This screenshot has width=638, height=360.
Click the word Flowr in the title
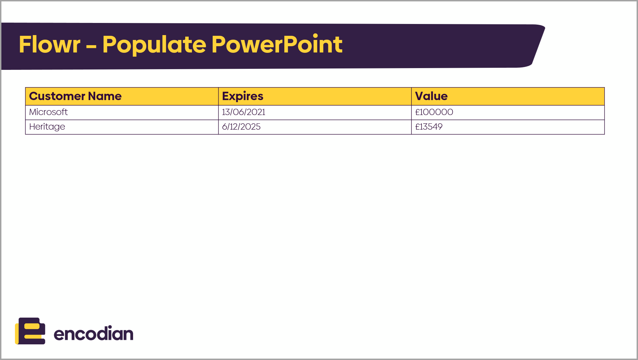coord(50,44)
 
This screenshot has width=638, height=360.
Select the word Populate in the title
coord(154,45)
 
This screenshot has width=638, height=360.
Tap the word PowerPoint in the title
coord(277,44)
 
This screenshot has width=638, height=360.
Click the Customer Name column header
coord(75,96)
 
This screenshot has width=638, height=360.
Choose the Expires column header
coord(243,96)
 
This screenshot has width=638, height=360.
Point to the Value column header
coord(431,96)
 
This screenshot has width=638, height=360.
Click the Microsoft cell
coord(48,112)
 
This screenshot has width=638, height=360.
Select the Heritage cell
coord(47,127)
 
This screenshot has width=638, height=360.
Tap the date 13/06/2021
coord(244,112)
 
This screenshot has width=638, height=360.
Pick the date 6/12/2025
coord(241,126)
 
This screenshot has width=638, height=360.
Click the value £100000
coord(434,112)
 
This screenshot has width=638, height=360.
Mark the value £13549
coord(429,126)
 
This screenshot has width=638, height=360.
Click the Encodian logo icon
coord(30,331)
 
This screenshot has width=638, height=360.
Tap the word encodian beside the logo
coord(93,333)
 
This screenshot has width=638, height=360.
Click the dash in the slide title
coord(91,46)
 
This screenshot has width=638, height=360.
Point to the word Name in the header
coord(105,96)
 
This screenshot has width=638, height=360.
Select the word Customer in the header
coord(57,96)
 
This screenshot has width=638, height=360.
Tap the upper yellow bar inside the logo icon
coord(32,326)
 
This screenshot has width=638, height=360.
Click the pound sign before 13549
coord(417,126)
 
